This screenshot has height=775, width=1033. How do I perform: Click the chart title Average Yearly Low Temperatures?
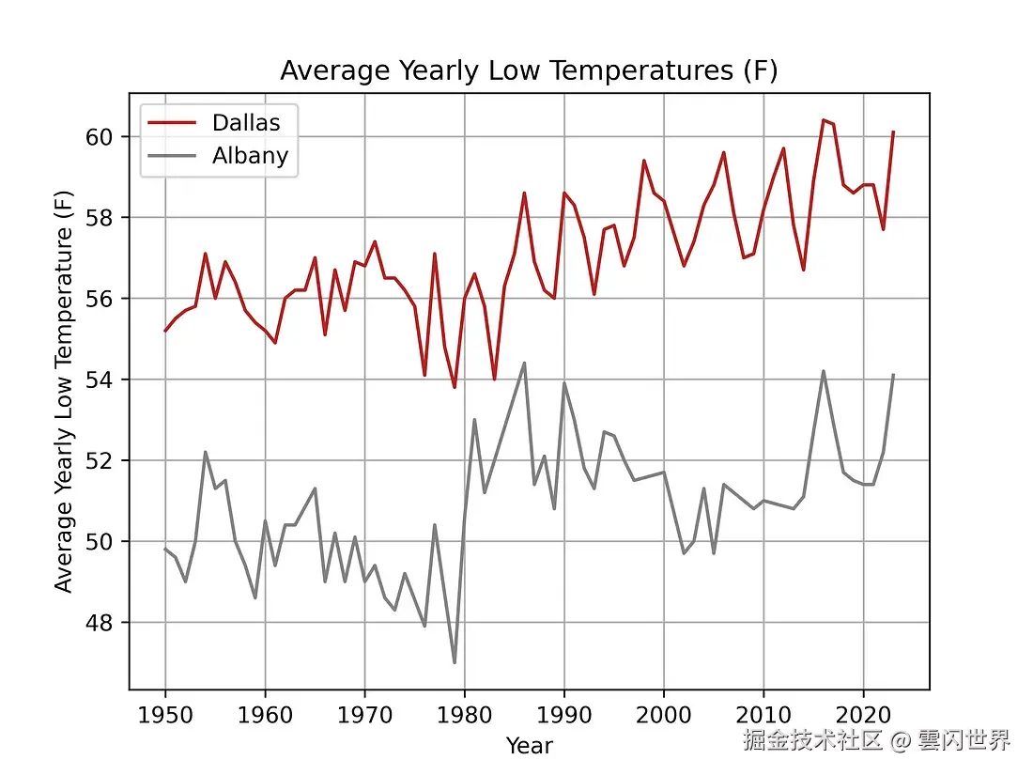click(x=529, y=71)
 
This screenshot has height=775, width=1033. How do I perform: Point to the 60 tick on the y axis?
click(x=106, y=137)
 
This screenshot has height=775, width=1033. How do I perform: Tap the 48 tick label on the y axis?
click(x=106, y=623)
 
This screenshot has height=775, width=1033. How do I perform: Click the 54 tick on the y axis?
click(x=106, y=380)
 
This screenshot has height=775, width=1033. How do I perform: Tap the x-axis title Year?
click(x=529, y=746)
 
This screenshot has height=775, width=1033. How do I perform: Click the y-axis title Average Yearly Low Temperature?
click(x=63, y=393)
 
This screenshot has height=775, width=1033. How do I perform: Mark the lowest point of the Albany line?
click(x=455, y=662)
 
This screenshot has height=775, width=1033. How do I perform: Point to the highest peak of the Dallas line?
click(x=823, y=120)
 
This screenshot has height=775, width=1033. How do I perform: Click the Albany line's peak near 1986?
click(x=524, y=363)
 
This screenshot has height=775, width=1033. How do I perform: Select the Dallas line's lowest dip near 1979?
click(x=455, y=387)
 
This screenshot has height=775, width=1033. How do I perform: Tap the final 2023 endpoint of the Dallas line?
click(x=893, y=132)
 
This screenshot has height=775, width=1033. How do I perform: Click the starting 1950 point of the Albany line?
click(x=165, y=550)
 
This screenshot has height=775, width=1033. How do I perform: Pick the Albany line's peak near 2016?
click(x=823, y=371)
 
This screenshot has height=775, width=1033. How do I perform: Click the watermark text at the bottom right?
click(x=876, y=740)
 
